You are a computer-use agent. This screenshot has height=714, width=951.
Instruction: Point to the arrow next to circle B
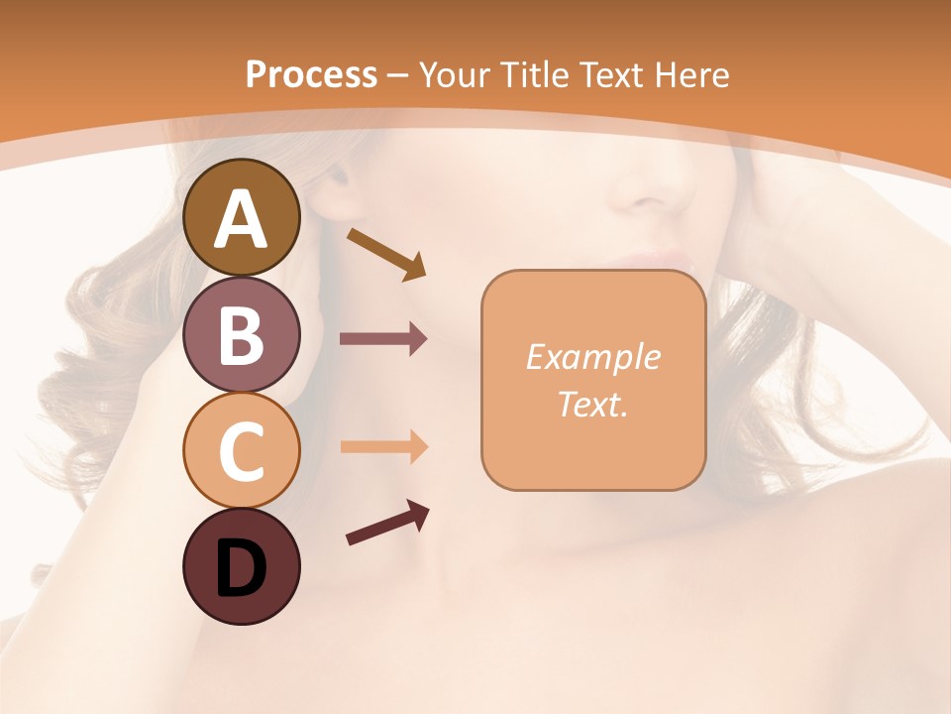tap(383, 339)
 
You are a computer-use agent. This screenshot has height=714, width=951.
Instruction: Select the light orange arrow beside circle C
tap(383, 447)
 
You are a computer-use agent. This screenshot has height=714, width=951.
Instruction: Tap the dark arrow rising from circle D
tap(387, 523)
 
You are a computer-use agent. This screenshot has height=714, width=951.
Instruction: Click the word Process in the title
tap(311, 74)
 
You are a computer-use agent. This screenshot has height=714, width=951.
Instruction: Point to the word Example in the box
tap(592, 357)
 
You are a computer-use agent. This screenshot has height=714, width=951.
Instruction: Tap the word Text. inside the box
tap(592, 404)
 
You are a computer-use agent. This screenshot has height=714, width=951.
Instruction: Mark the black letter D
tap(242, 568)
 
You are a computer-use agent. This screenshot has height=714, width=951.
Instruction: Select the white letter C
tap(242, 451)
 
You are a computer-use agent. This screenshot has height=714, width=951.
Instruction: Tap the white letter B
tap(242, 335)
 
